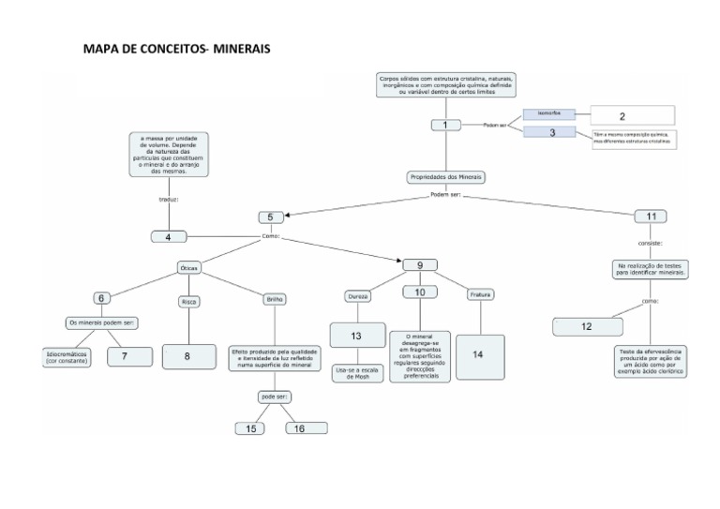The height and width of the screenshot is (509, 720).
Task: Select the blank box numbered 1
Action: click(x=446, y=125)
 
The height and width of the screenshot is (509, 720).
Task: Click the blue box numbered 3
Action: click(x=554, y=133)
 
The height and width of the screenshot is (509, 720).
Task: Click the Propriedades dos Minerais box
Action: click(x=446, y=176)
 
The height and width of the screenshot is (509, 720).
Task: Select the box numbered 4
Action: click(x=169, y=237)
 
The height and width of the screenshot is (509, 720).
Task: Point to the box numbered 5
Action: click(x=270, y=217)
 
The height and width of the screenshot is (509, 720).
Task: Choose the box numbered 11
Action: click(x=651, y=217)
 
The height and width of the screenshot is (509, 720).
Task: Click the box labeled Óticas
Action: click(x=188, y=268)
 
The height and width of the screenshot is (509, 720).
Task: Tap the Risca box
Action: click(x=187, y=301)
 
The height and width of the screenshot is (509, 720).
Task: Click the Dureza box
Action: click(x=358, y=295)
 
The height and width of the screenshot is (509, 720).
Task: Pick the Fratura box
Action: click(x=481, y=294)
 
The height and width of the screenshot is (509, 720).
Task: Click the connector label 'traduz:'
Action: click(x=169, y=200)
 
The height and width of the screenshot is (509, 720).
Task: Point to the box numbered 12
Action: click(x=586, y=326)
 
